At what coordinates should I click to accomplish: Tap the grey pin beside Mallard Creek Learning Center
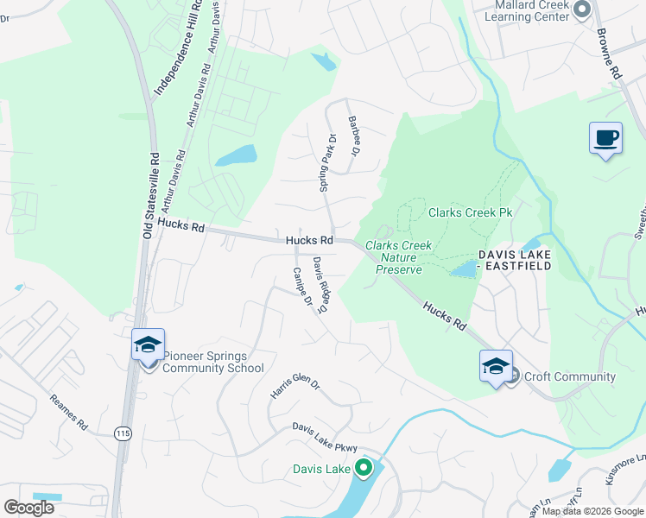581,9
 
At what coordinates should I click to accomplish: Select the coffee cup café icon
605,138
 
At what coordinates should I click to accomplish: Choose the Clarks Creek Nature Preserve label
398,257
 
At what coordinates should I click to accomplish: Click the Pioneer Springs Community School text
213,363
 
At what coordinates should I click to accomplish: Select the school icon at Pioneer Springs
148,344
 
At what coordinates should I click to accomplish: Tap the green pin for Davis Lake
364,469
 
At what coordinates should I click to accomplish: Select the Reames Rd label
69,413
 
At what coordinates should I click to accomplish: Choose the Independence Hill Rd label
176,52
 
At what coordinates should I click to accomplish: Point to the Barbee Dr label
352,136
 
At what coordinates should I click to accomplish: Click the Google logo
28,507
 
